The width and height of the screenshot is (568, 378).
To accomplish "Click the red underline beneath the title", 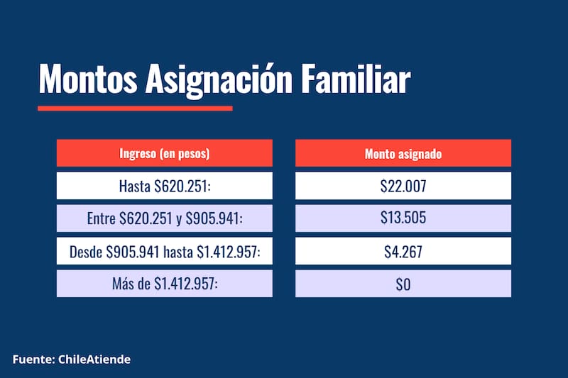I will pos(135,109).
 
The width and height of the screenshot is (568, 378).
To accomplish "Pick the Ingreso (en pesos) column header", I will pos(165,153).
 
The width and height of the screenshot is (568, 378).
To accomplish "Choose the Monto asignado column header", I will pos(403,153).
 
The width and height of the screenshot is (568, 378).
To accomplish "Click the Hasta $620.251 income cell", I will pos(165,186).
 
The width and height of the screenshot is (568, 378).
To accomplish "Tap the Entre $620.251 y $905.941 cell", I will pos(165,218).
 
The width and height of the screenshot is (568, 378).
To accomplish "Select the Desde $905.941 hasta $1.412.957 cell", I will pos(165,251).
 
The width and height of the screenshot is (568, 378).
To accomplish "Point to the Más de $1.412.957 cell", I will pos(165,284).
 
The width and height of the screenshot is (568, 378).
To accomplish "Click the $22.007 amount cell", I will pos(403,186).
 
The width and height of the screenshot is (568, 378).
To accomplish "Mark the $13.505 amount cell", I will pos(403,218).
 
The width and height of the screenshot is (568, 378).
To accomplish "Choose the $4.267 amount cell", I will pos(403,251).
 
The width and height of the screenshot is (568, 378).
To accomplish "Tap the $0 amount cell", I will pos(403,284).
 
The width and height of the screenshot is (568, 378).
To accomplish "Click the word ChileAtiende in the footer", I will pos(92,360).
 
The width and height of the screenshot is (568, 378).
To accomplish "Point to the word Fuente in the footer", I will pos(31,360).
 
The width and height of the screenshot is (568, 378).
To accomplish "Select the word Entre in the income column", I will pos(100,218).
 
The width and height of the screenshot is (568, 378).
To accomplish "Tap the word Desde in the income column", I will pos(85,251).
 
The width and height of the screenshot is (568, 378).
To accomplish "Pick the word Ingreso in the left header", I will pos(138,153).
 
